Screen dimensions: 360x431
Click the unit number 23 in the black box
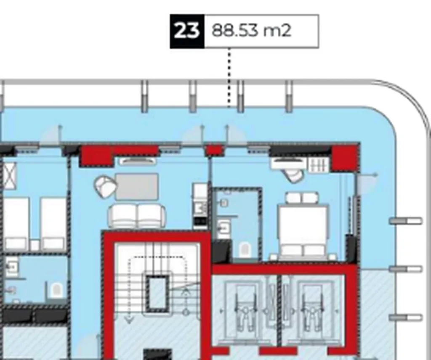pyautogui.click(x=187, y=31)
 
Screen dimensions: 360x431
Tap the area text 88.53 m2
pyautogui.click(x=251, y=31)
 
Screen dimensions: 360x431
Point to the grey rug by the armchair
pyautogui.click(x=137, y=187)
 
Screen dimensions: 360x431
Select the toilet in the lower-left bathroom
pyautogui.click(x=56, y=290)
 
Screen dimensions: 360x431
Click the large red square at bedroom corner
pyautogui.click(x=344, y=158)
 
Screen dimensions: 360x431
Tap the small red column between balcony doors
pyautogui.click(x=213, y=150)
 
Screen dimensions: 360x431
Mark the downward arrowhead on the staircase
pyautogui.click(x=130, y=320)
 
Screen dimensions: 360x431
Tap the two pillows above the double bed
pyautogui.click(x=301, y=198)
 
